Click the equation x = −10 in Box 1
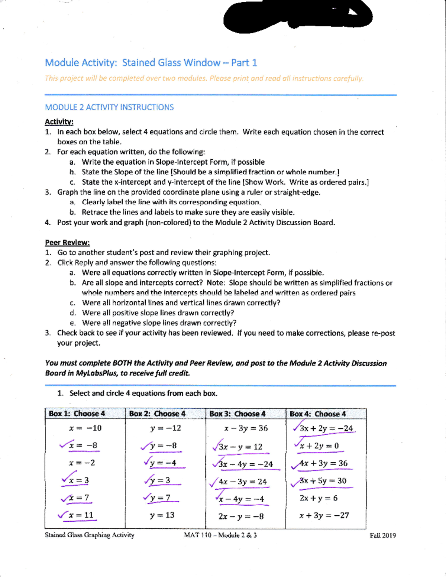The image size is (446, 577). [85, 428]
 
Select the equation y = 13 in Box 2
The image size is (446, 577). [162, 515]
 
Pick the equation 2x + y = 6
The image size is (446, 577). [319, 498]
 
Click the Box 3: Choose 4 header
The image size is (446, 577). [237, 414]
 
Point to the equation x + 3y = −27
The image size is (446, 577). [324, 516]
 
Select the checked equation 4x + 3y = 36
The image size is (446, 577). [323, 463]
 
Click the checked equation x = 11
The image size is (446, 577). [81, 515]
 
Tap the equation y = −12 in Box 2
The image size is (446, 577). [165, 428]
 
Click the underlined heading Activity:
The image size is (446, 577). [59, 122]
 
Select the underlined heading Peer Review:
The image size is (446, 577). [67, 243]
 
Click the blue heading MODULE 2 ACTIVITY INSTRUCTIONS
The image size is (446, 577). [109, 107]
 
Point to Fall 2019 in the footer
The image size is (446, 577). [382, 535]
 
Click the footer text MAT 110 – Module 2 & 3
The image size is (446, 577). [220, 535]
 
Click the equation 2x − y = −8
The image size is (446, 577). [241, 516]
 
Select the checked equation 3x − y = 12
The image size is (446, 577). [240, 447]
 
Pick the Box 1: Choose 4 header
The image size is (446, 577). [77, 414]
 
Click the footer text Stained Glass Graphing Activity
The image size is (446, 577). [90, 535]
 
